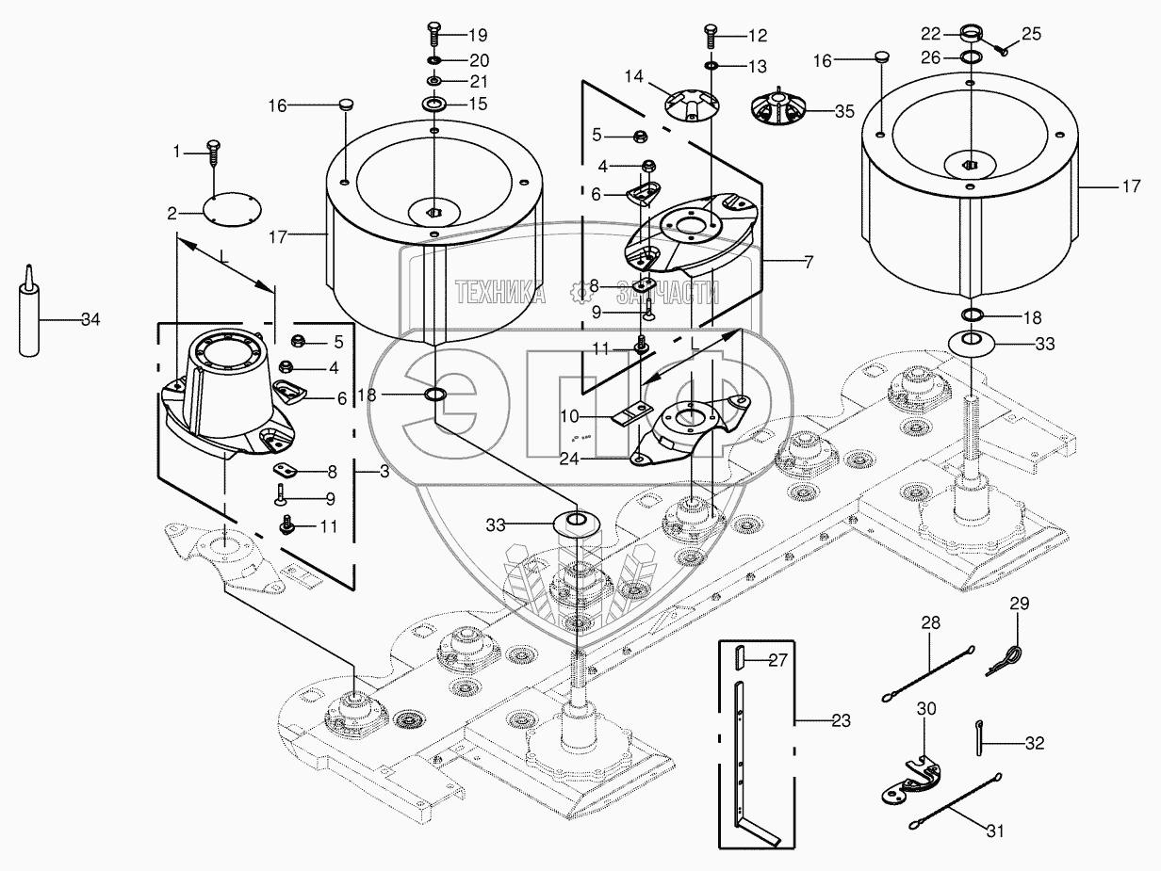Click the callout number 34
[x=90, y=319]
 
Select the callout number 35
[x=844, y=110]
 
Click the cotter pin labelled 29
[x=1007, y=657]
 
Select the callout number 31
[x=995, y=831]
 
